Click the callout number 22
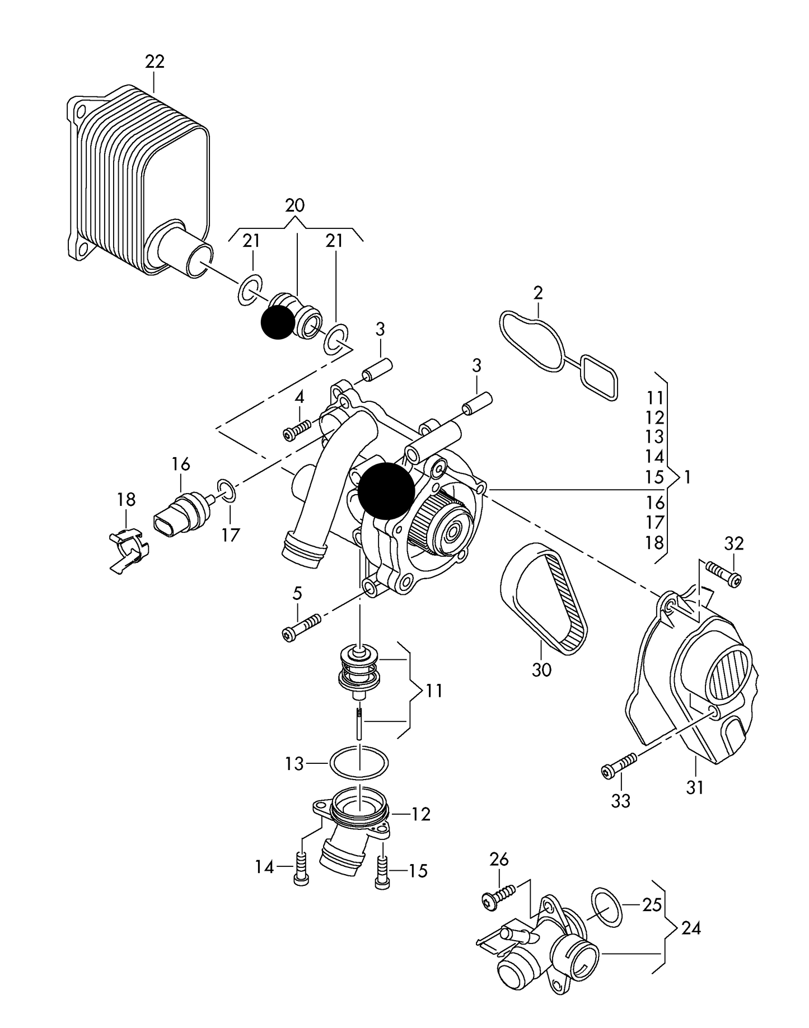[x=155, y=62]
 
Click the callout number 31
[x=695, y=787]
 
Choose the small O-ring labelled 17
[x=226, y=490]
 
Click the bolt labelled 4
[x=297, y=431]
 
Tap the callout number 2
[x=538, y=293]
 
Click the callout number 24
[x=691, y=928]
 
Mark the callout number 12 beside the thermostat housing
[x=421, y=814]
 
